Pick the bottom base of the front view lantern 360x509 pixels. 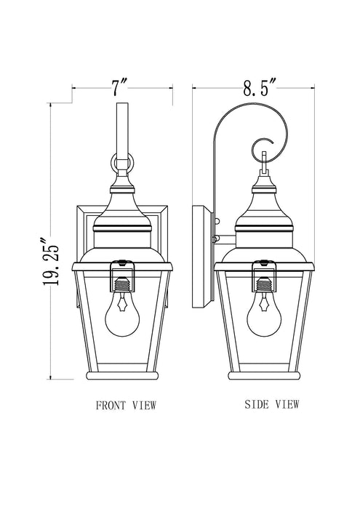121,375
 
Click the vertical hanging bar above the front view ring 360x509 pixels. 121,127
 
